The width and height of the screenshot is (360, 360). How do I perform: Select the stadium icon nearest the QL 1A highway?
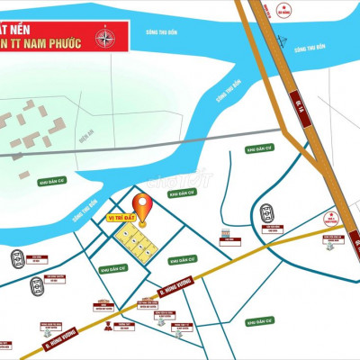point(268,214)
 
